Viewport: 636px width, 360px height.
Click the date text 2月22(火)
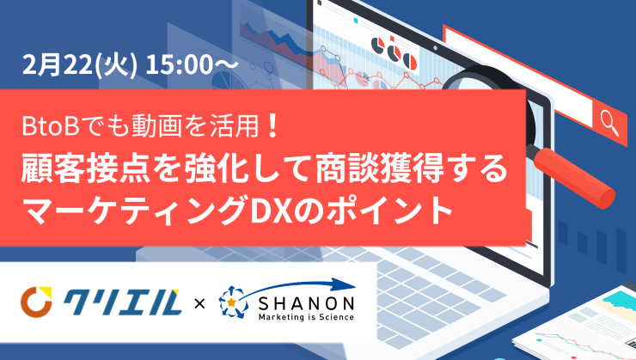[x=79, y=64]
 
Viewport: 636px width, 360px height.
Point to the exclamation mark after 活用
[x=273, y=125]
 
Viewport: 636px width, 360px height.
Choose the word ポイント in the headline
[x=388, y=210]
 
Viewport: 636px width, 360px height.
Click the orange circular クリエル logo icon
[x=36, y=302]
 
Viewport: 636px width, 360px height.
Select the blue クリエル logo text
[x=121, y=302]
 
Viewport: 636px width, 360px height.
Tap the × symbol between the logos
[x=199, y=303]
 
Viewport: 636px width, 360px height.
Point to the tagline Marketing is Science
[x=306, y=317]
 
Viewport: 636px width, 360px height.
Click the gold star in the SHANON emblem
[x=231, y=302]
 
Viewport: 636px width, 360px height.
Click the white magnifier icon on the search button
[x=609, y=123]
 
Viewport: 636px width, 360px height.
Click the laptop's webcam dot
[x=435, y=47]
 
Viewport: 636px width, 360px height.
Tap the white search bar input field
[x=517, y=78]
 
